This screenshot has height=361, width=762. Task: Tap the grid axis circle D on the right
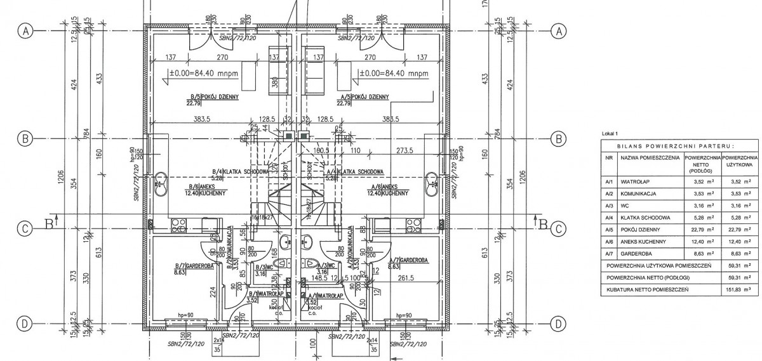559,324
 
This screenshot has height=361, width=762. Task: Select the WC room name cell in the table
624,205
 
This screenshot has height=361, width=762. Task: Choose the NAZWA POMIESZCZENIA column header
649,157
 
